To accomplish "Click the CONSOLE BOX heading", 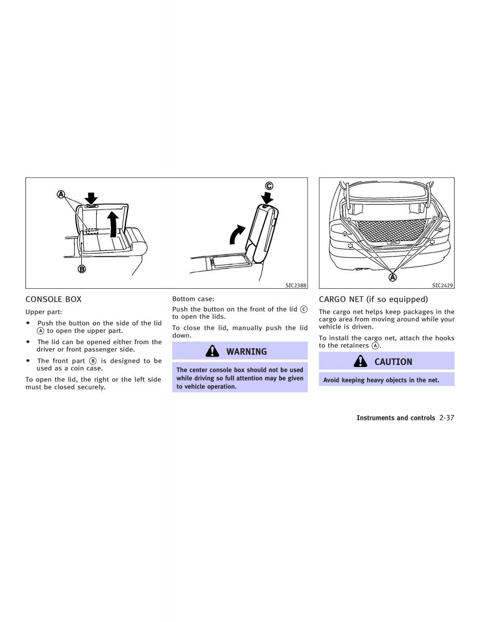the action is point(53,300).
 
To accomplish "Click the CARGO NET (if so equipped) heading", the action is point(373,300).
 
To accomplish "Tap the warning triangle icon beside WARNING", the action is point(212,351).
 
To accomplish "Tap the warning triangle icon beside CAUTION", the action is point(360,361).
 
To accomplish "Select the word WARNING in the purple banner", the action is point(246,351).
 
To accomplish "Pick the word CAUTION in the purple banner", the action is point(394,362).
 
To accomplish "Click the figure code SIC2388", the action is point(296,286).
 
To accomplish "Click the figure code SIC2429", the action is point(443,286).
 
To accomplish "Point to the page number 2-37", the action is point(447,418).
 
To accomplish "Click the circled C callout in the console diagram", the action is point(269,186).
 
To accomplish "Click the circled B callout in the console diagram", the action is point(82,269).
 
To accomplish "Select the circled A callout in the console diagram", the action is point(61,194).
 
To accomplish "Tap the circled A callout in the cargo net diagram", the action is point(393,277).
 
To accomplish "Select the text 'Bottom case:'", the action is point(193,299).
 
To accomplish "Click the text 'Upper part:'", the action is point(43,312).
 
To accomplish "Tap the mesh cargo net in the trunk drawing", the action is point(391,230).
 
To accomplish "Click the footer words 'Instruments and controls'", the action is point(396,418).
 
